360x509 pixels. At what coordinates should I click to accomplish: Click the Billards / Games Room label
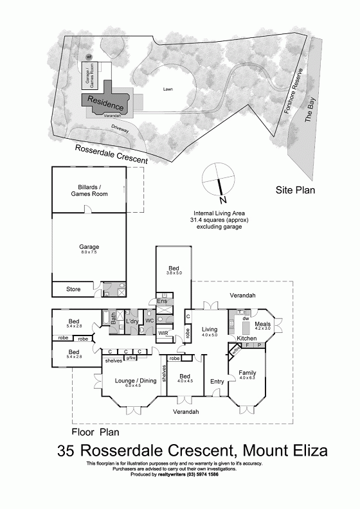[x=89, y=190]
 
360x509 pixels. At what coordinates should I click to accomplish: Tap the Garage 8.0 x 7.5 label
[x=89, y=248]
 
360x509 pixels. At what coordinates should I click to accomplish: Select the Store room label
[x=73, y=290]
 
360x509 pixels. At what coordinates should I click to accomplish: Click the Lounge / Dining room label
[x=136, y=381]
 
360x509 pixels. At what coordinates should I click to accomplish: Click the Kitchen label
[x=247, y=338]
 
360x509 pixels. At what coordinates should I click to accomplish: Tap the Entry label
[x=217, y=381]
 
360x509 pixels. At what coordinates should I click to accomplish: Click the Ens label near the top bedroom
[x=162, y=301]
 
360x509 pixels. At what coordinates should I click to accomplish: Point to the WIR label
[x=163, y=333]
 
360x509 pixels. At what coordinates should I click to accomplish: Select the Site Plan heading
[x=293, y=190]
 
